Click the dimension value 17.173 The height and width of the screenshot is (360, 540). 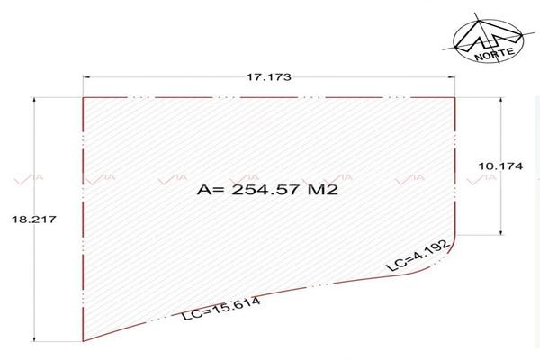pos(269,76)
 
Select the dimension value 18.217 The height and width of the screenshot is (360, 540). pos(34,219)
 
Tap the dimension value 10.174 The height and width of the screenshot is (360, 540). pos(500,166)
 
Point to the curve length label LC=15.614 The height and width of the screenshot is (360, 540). pos(221,309)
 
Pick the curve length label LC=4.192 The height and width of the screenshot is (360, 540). pos(418,256)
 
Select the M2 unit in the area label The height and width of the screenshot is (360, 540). pos(323,190)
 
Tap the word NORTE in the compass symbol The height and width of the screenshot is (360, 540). pos(494,53)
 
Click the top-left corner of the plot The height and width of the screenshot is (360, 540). pos(83,98)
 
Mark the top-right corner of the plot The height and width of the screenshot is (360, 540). pos(454,98)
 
